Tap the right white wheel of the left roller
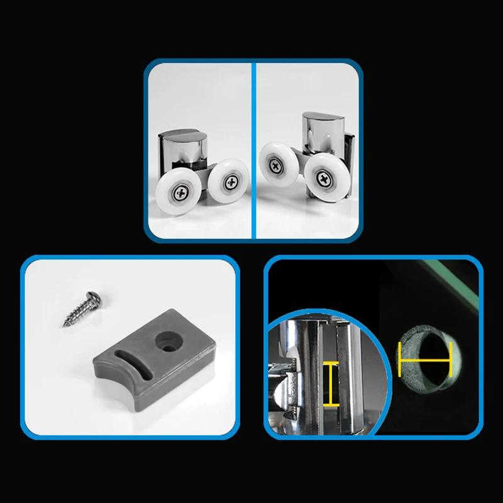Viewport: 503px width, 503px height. click(x=228, y=181)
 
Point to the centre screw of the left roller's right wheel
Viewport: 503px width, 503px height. click(x=231, y=182)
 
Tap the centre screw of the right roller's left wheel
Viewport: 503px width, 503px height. click(x=276, y=165)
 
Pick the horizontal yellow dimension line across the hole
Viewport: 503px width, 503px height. click(x=424, y=361)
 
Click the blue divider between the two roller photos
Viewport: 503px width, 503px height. click(x=253, y=151)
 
